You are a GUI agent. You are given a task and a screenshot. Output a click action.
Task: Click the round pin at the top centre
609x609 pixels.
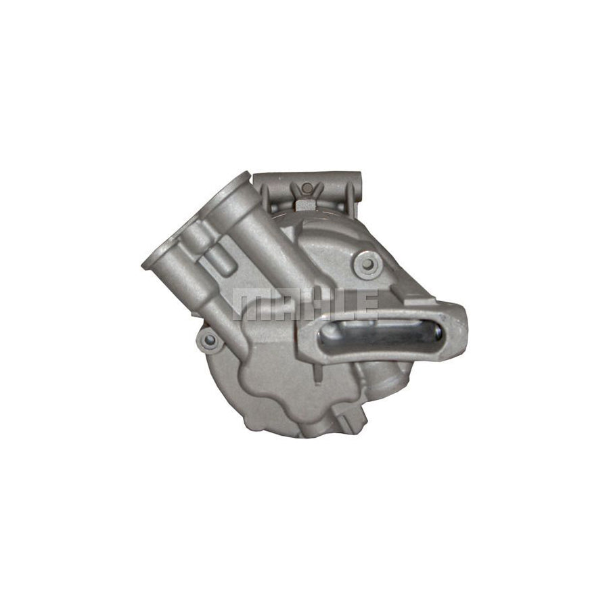(x=307, y=187)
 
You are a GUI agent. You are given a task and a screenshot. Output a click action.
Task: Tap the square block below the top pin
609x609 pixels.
(x=307, y=204)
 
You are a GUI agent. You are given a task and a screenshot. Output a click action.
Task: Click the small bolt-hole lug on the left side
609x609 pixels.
(x=208, y=340)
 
